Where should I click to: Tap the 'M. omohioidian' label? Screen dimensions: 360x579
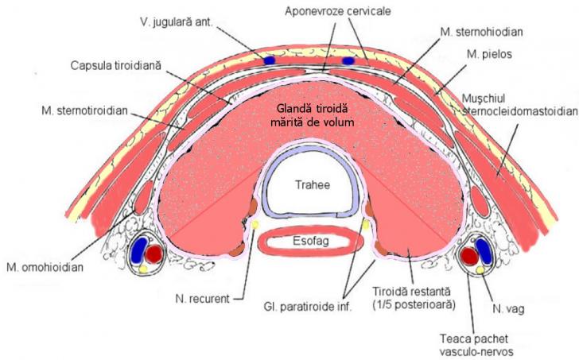point(42,265)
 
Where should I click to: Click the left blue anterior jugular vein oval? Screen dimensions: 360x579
point(270,60)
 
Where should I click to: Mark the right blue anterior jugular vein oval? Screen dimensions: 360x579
point(348,60)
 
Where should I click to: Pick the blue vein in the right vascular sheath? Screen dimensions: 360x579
point(469,252)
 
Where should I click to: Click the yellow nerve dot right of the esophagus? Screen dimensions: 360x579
point(365,226)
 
